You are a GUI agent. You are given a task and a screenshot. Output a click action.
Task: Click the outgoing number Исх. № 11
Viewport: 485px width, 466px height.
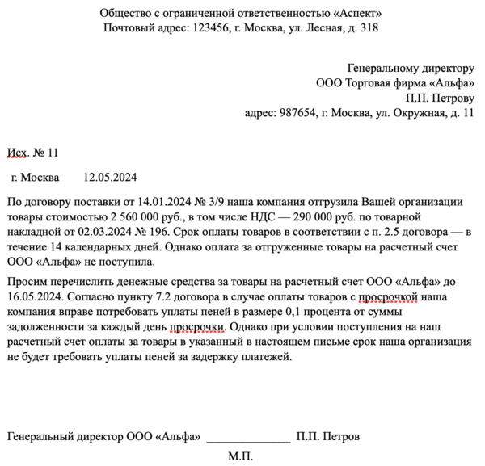32,152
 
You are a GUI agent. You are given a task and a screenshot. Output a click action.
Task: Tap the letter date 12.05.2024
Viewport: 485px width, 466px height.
111,178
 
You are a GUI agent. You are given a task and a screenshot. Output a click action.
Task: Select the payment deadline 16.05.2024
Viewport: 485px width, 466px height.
32,296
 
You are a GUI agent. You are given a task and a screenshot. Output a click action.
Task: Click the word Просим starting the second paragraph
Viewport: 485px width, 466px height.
26,281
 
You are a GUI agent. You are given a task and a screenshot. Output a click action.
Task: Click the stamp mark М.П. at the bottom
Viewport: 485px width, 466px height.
240,456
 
